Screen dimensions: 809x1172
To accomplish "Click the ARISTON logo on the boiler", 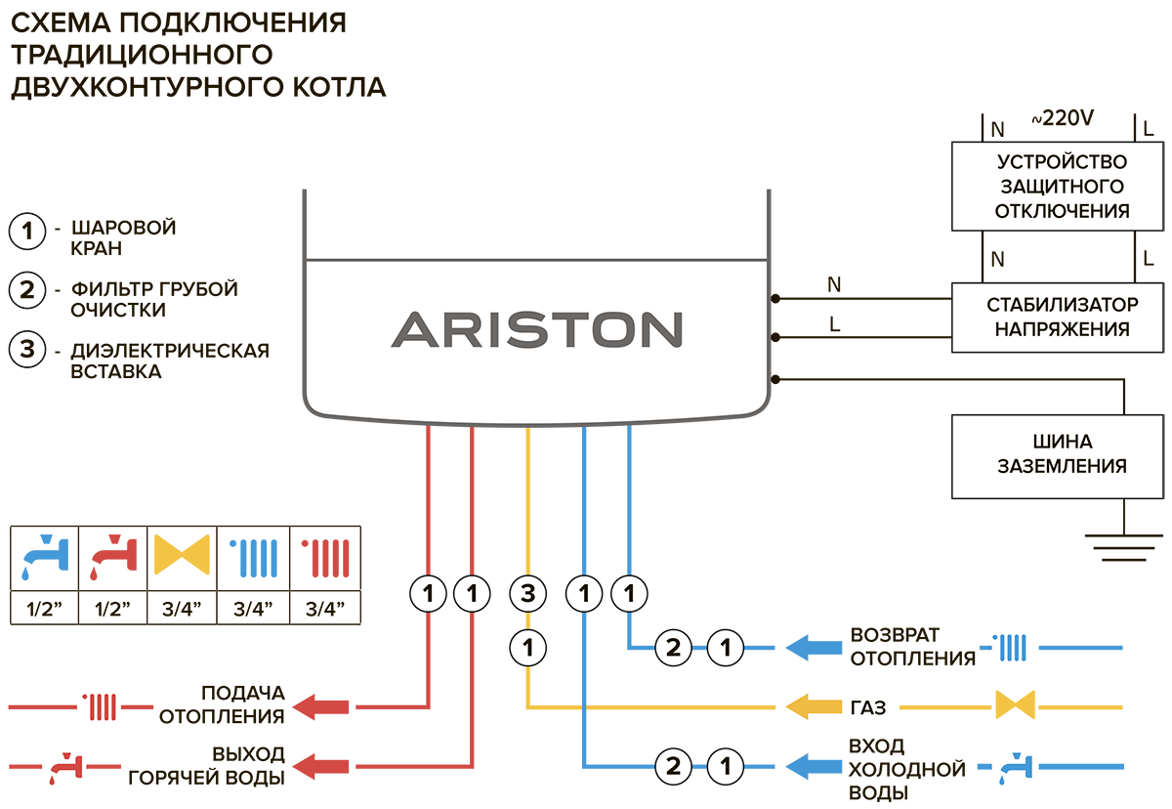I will pyautogui.click(x=536, y=329).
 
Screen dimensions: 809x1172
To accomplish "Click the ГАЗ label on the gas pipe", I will pyautogui.click(x=843, y=706).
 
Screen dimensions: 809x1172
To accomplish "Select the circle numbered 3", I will pyautogui.click(x=527, y=592).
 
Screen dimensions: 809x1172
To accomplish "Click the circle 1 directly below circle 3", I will pyautogui.click(x=527, y=646).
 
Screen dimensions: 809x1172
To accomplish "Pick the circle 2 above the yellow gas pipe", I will pyautogui.click(x=672, y=646).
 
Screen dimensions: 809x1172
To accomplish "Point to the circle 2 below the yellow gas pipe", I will pyautogui.click(x=672, y=768).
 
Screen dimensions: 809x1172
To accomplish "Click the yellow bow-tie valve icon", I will pyautogui.click(x=183, y=558).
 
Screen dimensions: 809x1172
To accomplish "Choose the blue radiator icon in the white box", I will pyautogui.click(x=1012, y=646).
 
